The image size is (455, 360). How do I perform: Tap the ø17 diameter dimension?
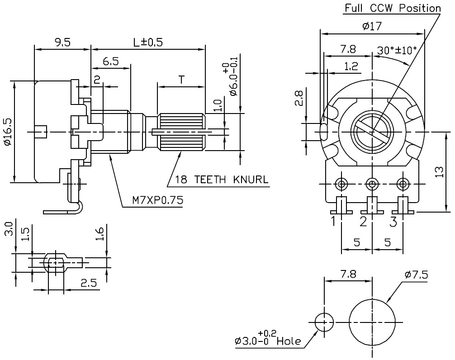pos(372,27)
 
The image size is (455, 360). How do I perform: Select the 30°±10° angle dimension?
pos(397,50)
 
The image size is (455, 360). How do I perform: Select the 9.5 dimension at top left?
pos(62,42)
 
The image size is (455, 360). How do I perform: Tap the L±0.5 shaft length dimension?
pos(148,42)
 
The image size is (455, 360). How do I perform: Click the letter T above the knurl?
pos(181,80)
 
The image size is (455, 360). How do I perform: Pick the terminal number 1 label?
pos(333,222)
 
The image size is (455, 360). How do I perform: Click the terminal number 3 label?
pos(393,222)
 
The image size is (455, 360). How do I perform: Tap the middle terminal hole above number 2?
pos(372,184)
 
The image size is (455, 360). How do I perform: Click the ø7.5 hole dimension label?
pos(416,275)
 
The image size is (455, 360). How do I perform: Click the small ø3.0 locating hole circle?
pos(324,322)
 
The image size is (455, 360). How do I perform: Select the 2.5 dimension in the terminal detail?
pos(89,283)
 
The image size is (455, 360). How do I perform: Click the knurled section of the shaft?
pos(181,132)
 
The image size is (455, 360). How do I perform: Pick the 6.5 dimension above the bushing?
pos(111,62)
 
